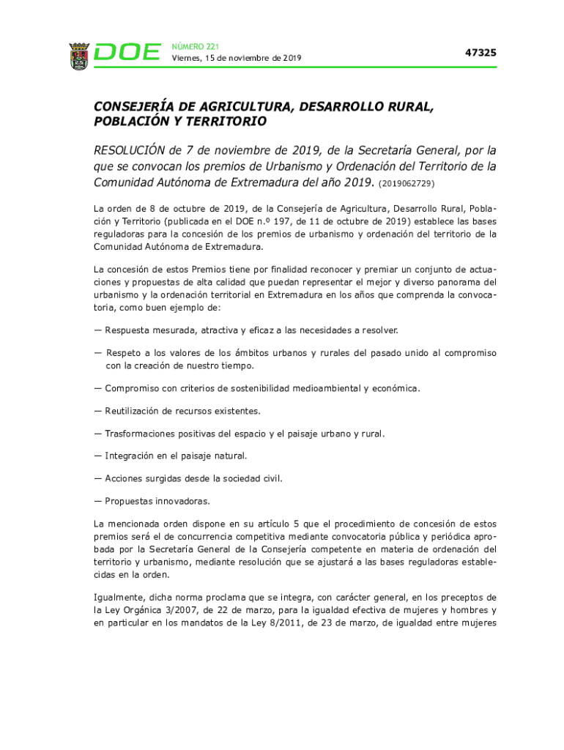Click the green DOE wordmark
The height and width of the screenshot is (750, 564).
pos(127,53)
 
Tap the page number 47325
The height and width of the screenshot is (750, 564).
pos(480,53)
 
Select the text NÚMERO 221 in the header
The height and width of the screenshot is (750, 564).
pos(195,46)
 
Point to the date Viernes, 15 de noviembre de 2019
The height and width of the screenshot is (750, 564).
pos(236,59)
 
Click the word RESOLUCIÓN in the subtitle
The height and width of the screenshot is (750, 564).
pos(129,151)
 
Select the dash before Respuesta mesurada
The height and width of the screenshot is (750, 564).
pos(97,330)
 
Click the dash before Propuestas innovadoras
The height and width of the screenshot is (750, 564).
pos(97,502)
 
